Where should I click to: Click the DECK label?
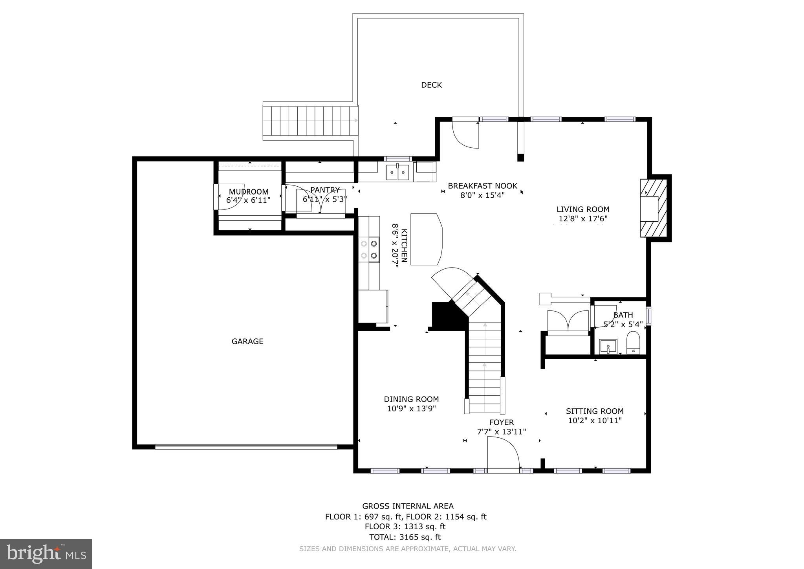pyautogui.click(x=431, y=85)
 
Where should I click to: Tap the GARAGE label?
pyautogui.click(x=247, y=341)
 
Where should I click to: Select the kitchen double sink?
pyautogui.click(x=397, y=173)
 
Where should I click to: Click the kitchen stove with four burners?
pyautogui.click(x=369, y=250)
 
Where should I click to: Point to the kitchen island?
pyautogui.click(x=426, y=239)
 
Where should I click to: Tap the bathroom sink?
pyautogui.click(x=608, y=347)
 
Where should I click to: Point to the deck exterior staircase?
pyautogui.click(x=310, y=121)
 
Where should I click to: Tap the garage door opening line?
pyautogui.click(x=246, y=447)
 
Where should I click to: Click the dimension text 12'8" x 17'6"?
pyautogui.click(x=583, y=219)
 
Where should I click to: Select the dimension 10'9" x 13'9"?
pyautogui.click(x=411, y=409)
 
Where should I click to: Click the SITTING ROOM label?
pyautogui.click(x=594, y=411)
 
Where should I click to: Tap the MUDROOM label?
pyautogui.click(x=249, y=192)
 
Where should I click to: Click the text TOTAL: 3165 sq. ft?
pyautogui.click(x=405, y=537)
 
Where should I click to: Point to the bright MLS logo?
pyautogui.click(x=46, y=554)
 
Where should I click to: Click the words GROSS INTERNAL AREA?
pyautogui.click(x=408, y=506)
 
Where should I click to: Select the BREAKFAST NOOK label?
pyautogui.click(x=482, y=186)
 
